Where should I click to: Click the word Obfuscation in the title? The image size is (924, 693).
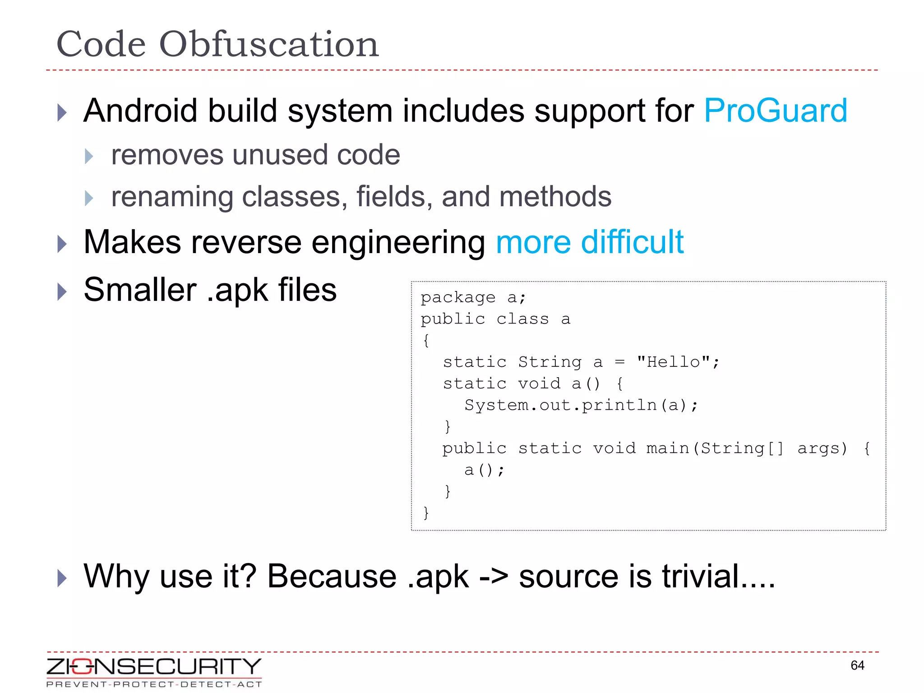(269, 44)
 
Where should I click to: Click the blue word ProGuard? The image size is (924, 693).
(775, 111)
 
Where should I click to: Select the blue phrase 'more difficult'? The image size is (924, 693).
(589, 242)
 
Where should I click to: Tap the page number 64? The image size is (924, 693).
(857, 665)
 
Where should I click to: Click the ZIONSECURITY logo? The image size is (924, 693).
(154, 672)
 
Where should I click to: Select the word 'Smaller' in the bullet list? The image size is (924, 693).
(140, 290)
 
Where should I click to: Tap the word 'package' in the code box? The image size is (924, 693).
(458, 297)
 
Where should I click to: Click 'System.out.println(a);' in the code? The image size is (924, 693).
(581, 405)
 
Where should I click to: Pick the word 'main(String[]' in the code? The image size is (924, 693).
(715, 448)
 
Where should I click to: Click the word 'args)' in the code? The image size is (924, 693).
(822, 448)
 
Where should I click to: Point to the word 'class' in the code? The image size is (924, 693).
(522, 319)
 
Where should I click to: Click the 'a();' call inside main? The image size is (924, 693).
(484, 470)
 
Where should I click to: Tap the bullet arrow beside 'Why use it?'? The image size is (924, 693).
(62, 578)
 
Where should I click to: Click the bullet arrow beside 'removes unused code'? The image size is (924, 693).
(89, 156)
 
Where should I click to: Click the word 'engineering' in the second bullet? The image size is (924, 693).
(397, 242)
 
